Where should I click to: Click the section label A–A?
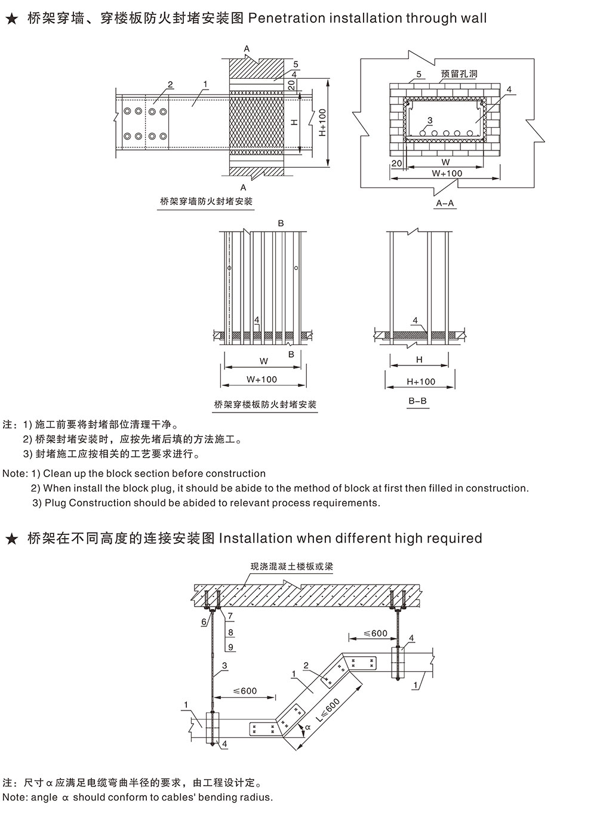pyautogui.click(x=445, y=203)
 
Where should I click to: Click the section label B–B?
pyautogui.click(x=417, y=401)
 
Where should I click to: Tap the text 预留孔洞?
pyautogui.click(x=459, y=75)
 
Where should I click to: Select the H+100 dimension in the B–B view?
pyautogui.click(x=421, y=382)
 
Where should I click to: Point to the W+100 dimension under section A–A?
pyautogui.click(x=447, y=173)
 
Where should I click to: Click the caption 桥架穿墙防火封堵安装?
pyautogui.click(x=207, y=201)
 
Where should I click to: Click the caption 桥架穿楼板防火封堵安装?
pyautogui.click(x=265, y=404)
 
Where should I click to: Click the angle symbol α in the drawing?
pyautogui.click(x=308, y=728)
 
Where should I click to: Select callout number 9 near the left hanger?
pyautogui.click(x=230, y=647)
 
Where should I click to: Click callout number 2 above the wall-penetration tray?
pyautogui.click(x=170, y=85)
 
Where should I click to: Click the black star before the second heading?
pyautogui.click(x=11, y=539)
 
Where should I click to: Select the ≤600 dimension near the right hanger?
pyautogui.click(x=376, y=633)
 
